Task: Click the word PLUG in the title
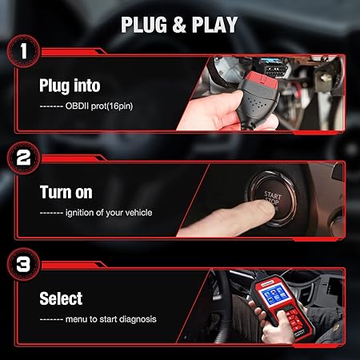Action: click(144, 25)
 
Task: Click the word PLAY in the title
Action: click(214, 25)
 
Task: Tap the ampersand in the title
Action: click(179, 25)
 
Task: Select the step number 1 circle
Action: click(24, 51)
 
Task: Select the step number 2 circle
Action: click(24, 158)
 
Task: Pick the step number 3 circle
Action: click(24, 264)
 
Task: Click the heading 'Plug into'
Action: click(70, 86)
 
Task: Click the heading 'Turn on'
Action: click(66, 192)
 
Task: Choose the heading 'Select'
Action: click(61, 298)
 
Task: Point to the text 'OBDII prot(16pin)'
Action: click(99, 106)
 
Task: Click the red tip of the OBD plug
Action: click(262, 78)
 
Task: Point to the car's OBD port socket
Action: click(276, 70)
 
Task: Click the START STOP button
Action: click(272, 198)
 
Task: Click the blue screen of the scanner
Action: click(275, 297)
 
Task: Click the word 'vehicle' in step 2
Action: click(138, 213)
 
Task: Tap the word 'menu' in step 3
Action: click(77, 319)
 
